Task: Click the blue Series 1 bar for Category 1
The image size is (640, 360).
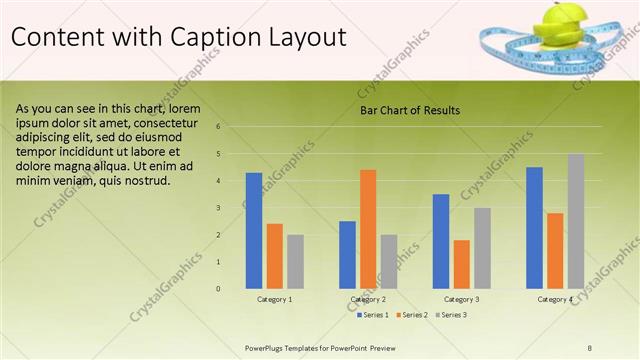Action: (254, 230)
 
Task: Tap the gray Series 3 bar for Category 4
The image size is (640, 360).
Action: (575, 221)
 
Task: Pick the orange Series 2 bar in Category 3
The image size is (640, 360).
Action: (461, 264)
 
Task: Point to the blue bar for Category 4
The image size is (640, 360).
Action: (534, 227)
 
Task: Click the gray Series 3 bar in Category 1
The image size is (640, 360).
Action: (295, 261)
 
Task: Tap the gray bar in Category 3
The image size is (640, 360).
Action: (482, 248)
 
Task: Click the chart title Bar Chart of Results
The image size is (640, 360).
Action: (410, 110)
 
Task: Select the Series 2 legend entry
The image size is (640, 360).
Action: (413, 315)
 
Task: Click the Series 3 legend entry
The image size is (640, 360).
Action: (451, 315)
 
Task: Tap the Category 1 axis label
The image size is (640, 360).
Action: (275, 299)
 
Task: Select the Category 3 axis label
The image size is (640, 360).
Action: (461, 299)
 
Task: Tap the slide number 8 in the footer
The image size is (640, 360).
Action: (590, 346)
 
